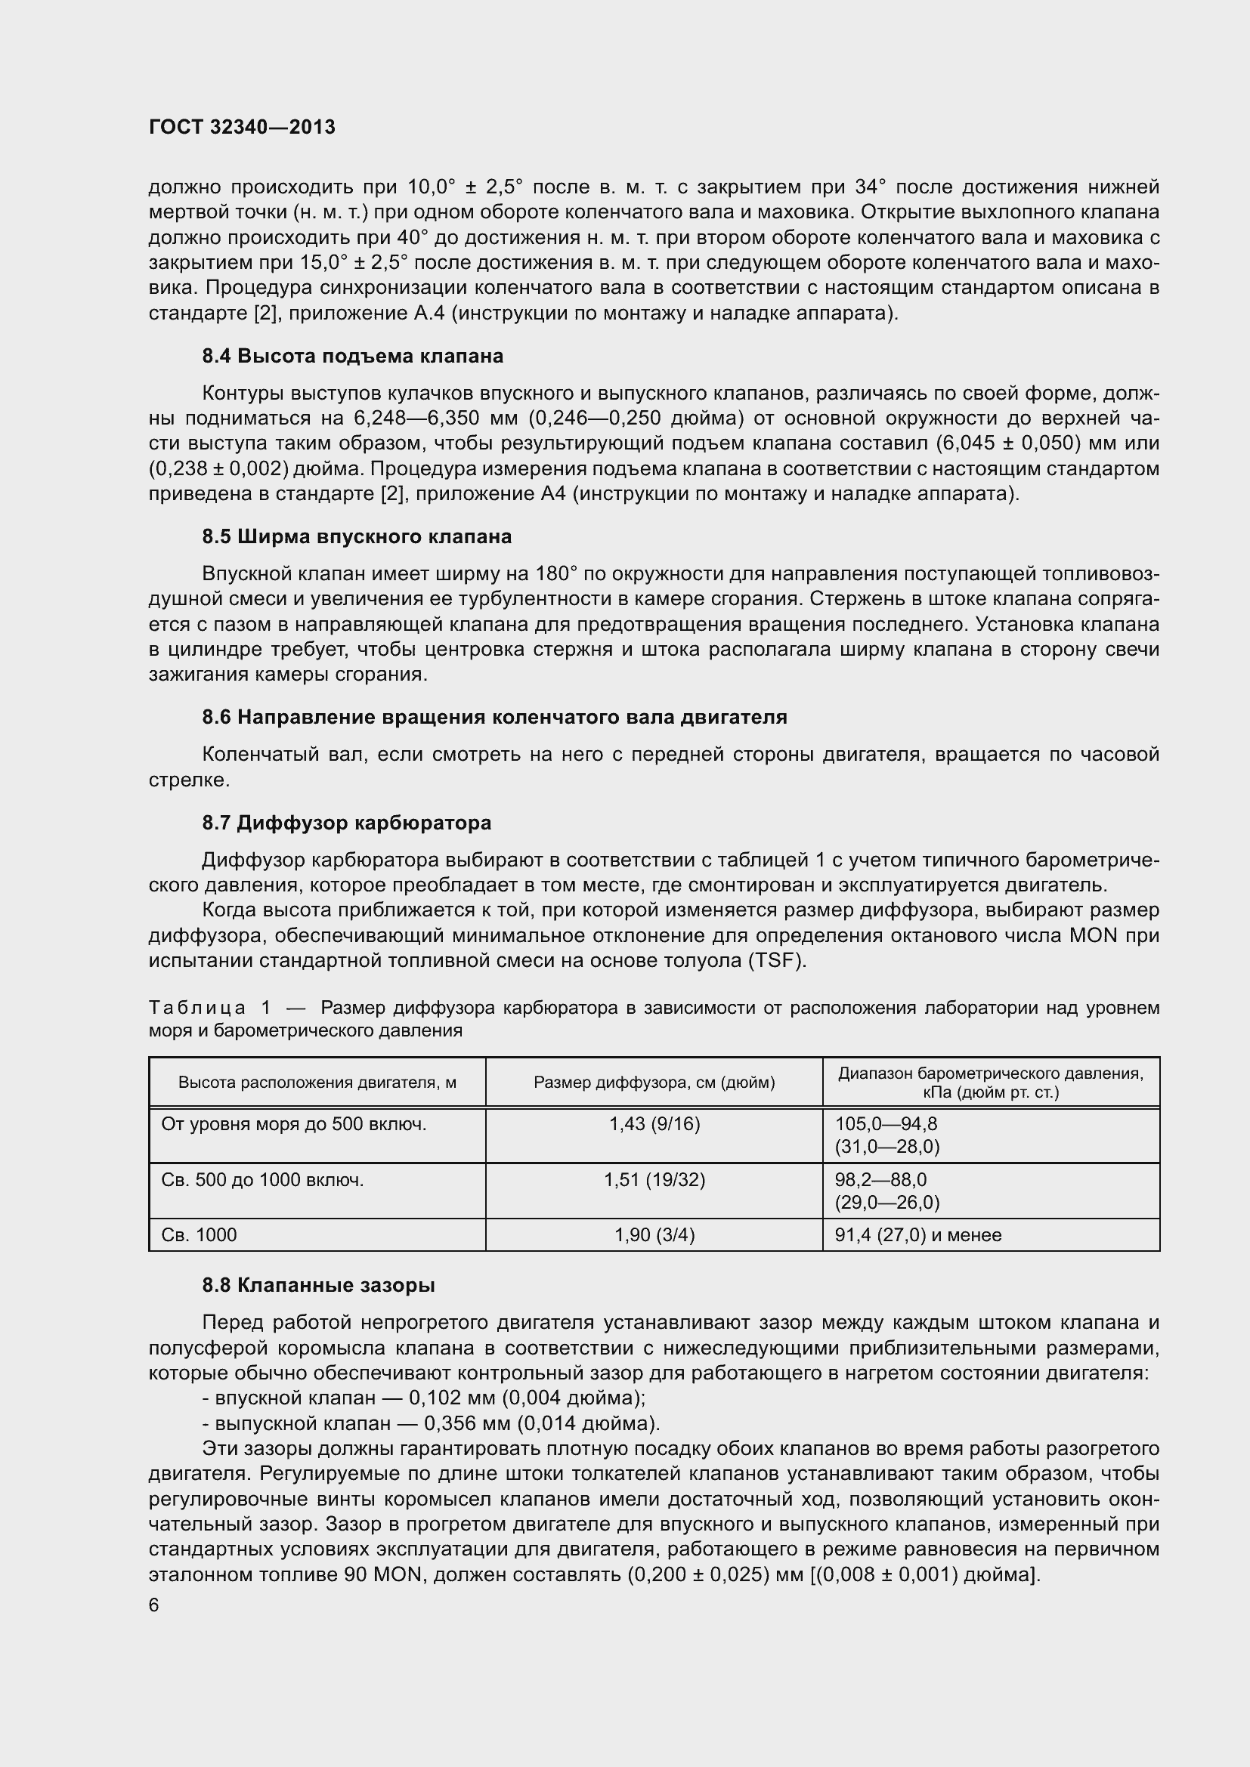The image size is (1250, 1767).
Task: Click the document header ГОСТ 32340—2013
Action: point(242,127)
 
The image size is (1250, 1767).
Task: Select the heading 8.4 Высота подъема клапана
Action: point(352,356)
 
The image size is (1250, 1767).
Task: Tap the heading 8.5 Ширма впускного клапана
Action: point(357,536)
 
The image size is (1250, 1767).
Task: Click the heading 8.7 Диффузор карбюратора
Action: point(346,823)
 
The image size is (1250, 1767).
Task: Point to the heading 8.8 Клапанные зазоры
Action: point(319,1285)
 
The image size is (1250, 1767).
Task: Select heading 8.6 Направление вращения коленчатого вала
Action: point(494,717)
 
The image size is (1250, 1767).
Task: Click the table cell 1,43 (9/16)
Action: point(654,1124)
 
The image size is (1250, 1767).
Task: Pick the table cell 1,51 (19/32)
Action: point(654,1180)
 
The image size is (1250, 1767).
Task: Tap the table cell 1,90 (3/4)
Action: point(654,1235)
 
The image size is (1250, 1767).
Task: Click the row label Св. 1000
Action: point(200,1235)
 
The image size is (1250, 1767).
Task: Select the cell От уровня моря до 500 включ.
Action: point(293,1124)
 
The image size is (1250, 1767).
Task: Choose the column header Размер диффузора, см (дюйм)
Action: point(654,1082)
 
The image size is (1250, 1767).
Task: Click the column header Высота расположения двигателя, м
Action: point(317,1082)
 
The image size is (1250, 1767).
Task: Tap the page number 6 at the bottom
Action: point(154,1605)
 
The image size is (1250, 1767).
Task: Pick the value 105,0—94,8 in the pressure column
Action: point(886,1124)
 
